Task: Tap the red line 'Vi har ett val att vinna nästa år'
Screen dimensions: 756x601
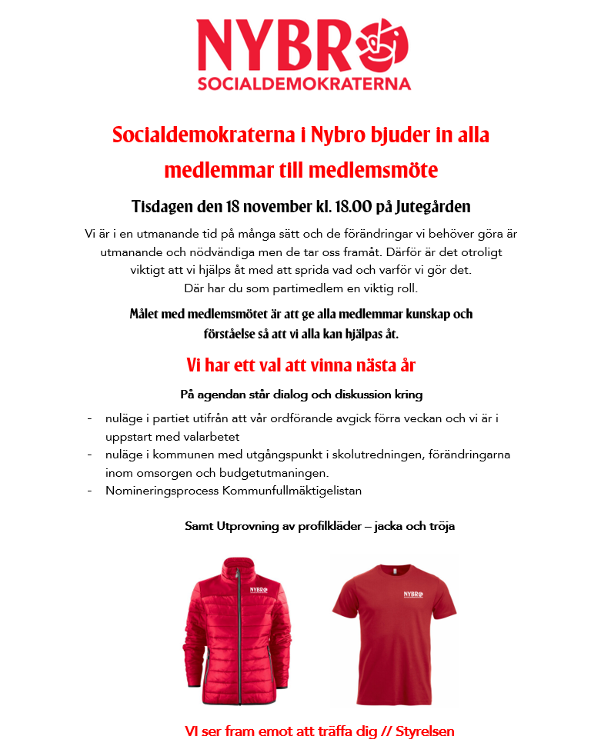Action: (301, 365)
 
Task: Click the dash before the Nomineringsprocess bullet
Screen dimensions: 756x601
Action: (90, 490)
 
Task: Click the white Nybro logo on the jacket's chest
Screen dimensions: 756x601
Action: (260, 591)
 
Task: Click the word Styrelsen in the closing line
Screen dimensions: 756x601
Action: (425, 731)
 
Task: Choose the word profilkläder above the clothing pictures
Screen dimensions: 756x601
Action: (323, 527)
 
